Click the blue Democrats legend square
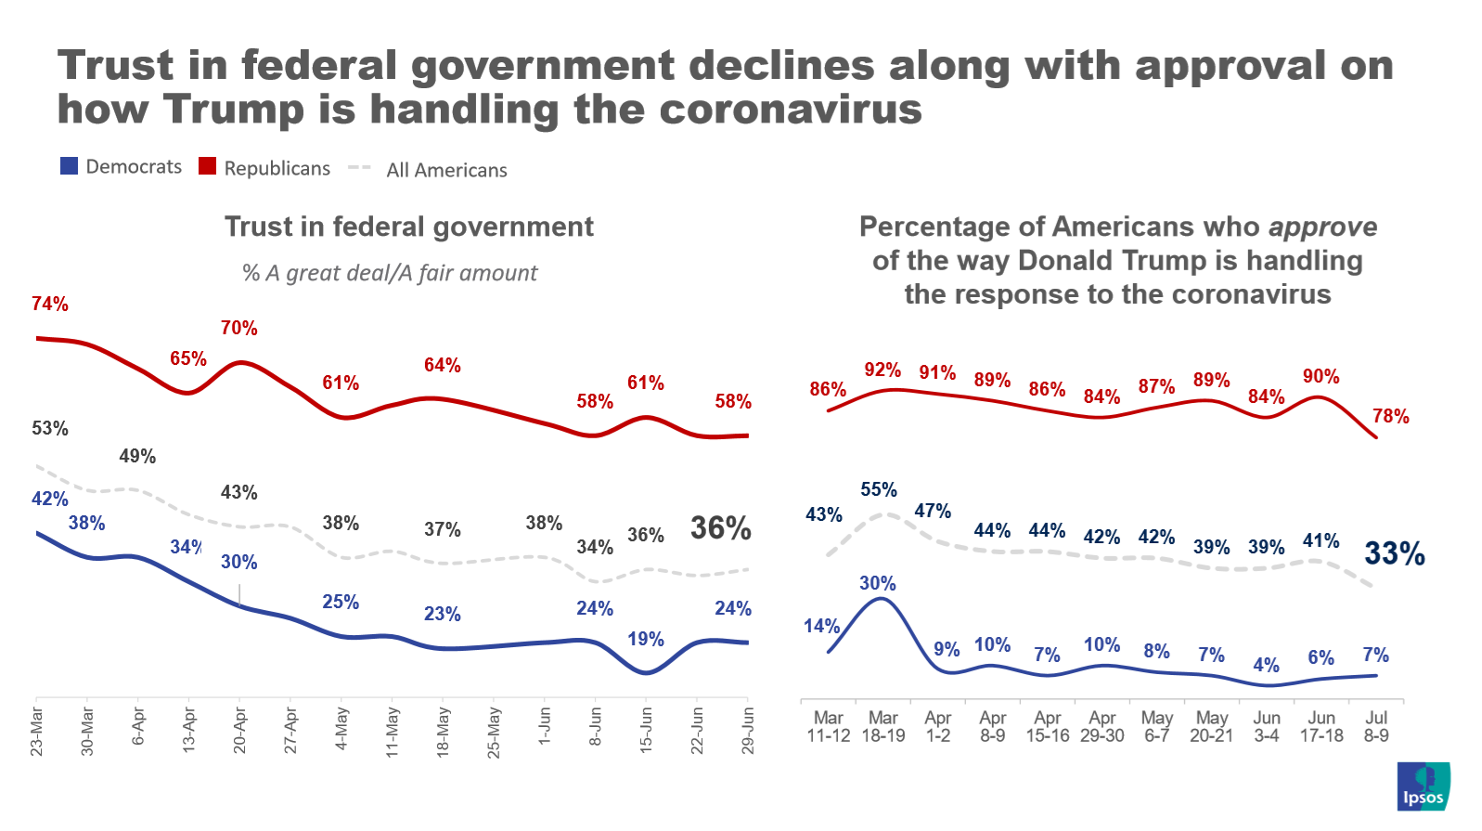tap(69, 166)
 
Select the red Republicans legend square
tap(207, 166)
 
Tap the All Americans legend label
tap(446, 170)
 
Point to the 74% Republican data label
tap(50, 304)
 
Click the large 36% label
tap(720, 528)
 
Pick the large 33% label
tap(1394, 553)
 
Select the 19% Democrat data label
tap(645, 639)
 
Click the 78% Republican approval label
tap(1390, 416)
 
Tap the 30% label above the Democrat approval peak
tap(877, 583)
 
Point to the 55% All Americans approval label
tap(878, 489)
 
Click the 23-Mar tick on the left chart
tap(37, 731)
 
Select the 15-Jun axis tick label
tap(646, 730)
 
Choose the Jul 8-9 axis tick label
tap(1375, 726)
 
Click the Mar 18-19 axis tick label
tap(883, 726)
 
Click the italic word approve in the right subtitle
tap(1322, 227)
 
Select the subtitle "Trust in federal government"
tap(408, 227)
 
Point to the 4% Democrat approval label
tap(1266, 665)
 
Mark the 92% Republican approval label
tap(882, 370)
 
